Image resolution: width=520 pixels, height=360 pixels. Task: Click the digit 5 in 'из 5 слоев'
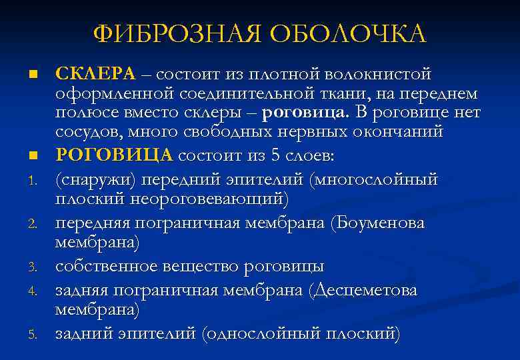pos(277,155)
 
